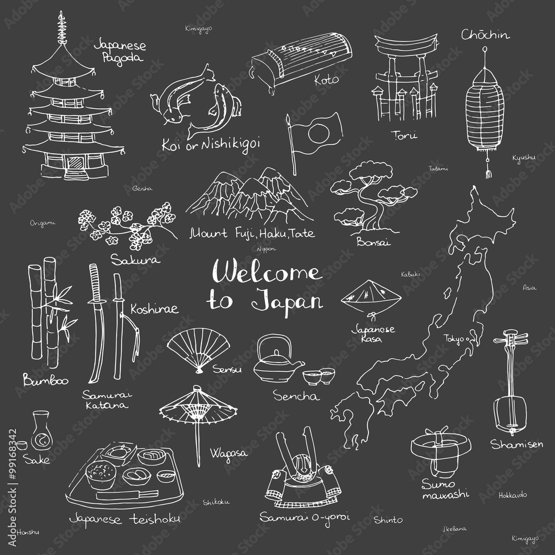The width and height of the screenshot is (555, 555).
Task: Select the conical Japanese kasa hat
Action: [x=370, y=295]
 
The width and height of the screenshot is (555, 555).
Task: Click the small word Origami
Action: [x=43, y=223]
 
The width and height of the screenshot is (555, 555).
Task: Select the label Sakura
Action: [x=135, y=259]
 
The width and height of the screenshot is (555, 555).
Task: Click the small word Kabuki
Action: [x=411, y=274]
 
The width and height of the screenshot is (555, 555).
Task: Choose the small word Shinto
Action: [x=388, y=519]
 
